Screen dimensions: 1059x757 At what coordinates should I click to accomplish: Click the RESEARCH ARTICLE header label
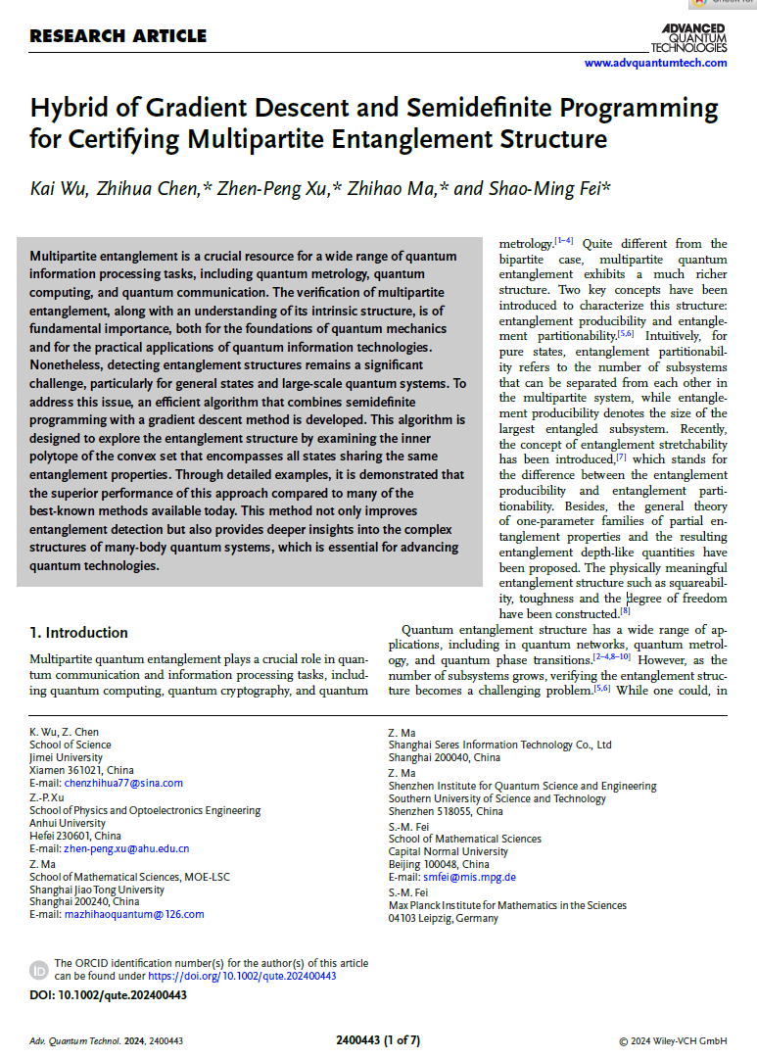click(x=118, y=37)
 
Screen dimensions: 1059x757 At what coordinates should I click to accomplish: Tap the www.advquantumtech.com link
click(x=655, y=63)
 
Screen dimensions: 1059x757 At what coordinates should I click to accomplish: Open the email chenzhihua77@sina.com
click(x=122, y=783)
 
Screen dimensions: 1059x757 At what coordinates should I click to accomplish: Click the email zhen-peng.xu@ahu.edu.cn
click(x=126, y=848)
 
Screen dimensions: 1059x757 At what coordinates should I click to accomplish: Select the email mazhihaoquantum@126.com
click(x=134, y=914)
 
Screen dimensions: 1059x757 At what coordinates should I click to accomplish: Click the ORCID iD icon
click(x=39, y=970)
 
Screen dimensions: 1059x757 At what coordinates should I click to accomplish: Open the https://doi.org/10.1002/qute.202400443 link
click(x=242, y=976)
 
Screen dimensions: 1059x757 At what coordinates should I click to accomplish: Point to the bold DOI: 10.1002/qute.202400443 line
click(x=108, y=994)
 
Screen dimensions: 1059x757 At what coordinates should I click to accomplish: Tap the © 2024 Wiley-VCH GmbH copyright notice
click(x=673, y=1040)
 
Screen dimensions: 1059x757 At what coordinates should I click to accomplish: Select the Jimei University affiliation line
click(x=66, y=757)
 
